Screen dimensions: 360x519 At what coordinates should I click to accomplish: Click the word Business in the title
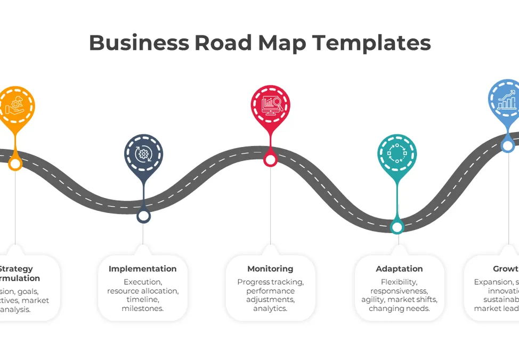click(139, 43)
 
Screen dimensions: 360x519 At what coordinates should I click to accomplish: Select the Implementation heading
click(142, 269)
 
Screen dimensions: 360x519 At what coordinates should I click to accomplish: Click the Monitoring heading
click(270, 269)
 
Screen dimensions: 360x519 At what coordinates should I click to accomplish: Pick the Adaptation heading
click(399, 269)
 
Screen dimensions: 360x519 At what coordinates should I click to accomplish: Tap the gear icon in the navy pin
click(143, 154)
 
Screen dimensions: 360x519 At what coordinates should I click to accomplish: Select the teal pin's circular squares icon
click(397, 154)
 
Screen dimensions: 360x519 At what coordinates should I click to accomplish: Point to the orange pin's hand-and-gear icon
click(15, 105)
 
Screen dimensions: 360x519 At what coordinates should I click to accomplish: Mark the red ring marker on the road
click(271, 159)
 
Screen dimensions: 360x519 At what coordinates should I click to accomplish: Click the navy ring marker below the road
click(143, 216)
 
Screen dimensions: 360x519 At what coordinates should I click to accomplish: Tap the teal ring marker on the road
click(397, 227)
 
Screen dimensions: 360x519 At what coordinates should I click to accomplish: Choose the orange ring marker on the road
click(15, 163)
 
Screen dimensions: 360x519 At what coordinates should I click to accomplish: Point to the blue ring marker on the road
click(508, 145)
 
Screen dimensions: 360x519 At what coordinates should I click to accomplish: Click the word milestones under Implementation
click(142, 308)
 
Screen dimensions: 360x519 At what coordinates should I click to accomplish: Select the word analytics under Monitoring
click(270, 308)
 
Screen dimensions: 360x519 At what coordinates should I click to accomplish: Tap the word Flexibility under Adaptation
click(399, 282)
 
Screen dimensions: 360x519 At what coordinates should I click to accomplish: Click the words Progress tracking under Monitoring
click(270, 282)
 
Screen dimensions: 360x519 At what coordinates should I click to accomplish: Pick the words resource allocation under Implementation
click(142, 291)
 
